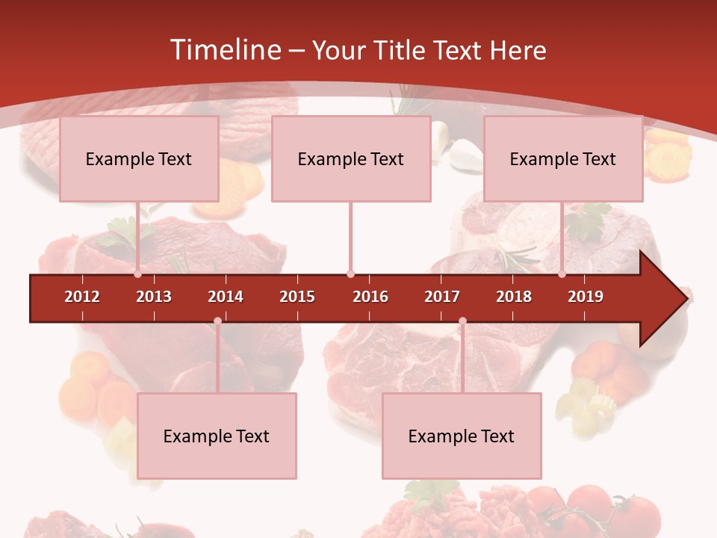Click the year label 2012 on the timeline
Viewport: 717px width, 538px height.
[x=82, y=297]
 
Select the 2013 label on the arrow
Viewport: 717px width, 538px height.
[x=154, y=297]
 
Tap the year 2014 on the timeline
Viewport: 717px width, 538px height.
[x=226, y=297]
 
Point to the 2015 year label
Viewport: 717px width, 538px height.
[x=297, y=297]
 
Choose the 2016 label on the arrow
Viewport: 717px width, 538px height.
[x=370, y=297]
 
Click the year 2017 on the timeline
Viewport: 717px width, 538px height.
[x=442, y=297]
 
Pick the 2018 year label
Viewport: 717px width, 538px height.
[x=514, y=297]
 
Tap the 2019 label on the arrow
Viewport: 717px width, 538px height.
[x=586, y=297]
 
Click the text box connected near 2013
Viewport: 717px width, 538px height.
[x=139, y=158]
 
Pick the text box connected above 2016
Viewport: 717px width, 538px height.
[x=351, y=158]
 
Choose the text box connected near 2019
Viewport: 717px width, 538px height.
[x=563, y=158]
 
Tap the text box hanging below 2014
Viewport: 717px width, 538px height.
[x=217, y=436]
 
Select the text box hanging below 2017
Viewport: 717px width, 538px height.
[x=462, y=436]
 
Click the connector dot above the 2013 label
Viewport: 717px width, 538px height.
[x=138, y=274]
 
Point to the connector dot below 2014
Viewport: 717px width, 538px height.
[x=217, y=321]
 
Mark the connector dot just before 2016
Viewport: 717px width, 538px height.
[x=350, y=274]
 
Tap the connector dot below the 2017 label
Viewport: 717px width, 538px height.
[x=462, y=321]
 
